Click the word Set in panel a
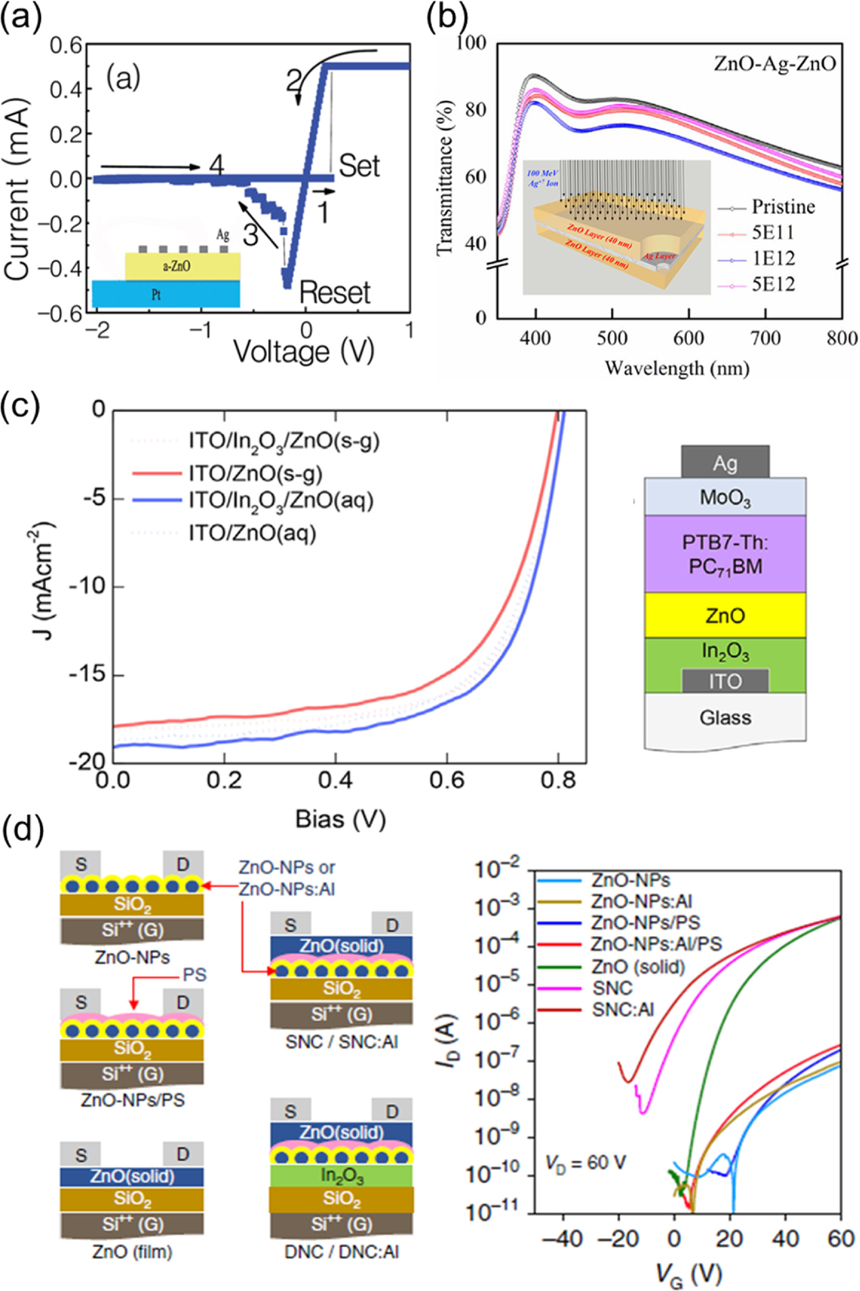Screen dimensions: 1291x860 click(x=359, y=165)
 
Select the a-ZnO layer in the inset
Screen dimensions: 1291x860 click(x=182, y=267)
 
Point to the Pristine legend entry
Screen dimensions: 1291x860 click(x=783, y=207)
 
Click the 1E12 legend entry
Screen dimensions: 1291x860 click(x=773, y=258)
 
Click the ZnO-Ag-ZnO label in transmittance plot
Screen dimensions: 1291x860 click(x=774, y=64)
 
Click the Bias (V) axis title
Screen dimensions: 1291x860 click(x=341, y=820)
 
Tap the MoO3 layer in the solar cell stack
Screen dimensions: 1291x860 click(x=725, y=498)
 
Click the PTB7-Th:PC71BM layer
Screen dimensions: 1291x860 click(x=725, y=554)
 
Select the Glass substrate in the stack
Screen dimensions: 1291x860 click(x=725, y=717)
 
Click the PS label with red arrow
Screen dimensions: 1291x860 click(x=193, y=975)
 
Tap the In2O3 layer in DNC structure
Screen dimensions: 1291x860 click(x=341, y=1176)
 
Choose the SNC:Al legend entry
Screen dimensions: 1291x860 click(x=623, y=1010)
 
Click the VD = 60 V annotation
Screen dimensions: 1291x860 click(x=585, y=1163)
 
